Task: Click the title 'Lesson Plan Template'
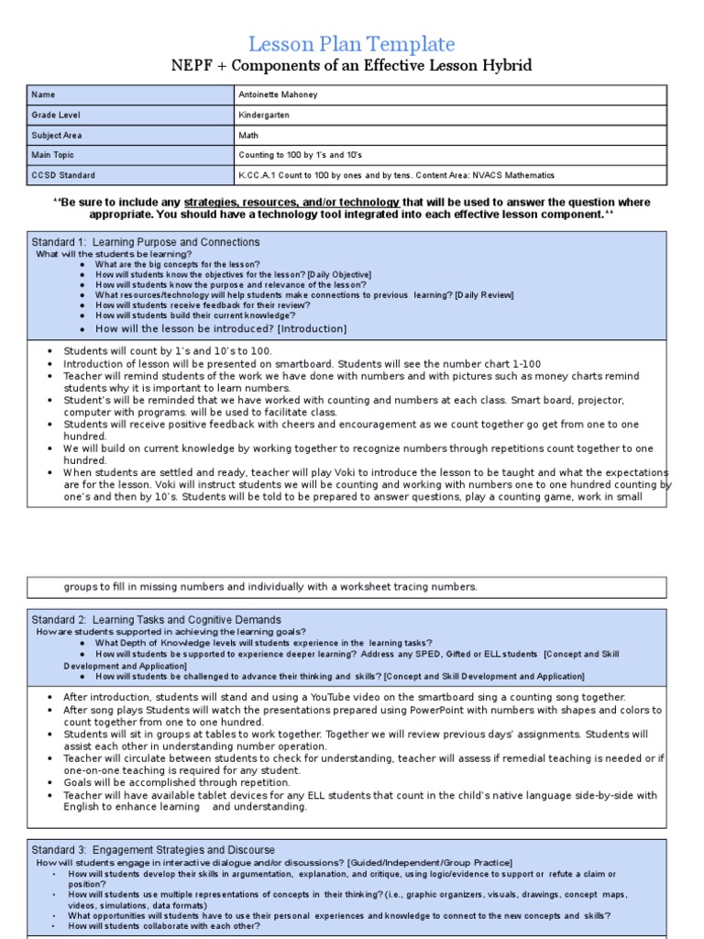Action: coord(352,43)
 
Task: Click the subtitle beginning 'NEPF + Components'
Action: coord(352,66)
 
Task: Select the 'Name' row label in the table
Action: coord(43,94)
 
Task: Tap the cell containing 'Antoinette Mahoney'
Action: coord(280,94)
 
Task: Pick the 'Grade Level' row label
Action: coord(55,115)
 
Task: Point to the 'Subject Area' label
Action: coord(57,135)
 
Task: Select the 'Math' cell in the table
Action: coord(247,135)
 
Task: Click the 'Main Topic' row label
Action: coord(54,155)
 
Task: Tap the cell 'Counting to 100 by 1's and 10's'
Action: coord(300,155)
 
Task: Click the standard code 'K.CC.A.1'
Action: coord(258,175)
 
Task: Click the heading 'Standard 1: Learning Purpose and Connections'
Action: coord(146,242)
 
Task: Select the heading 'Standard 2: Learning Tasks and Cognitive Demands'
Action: coord(157,620)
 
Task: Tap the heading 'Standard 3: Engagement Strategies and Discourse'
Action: coord(153,850)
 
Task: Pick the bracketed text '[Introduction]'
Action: coord(312,328)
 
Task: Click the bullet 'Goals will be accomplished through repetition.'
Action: coord(164,782)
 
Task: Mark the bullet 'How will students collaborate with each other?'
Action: coord(164,925)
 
